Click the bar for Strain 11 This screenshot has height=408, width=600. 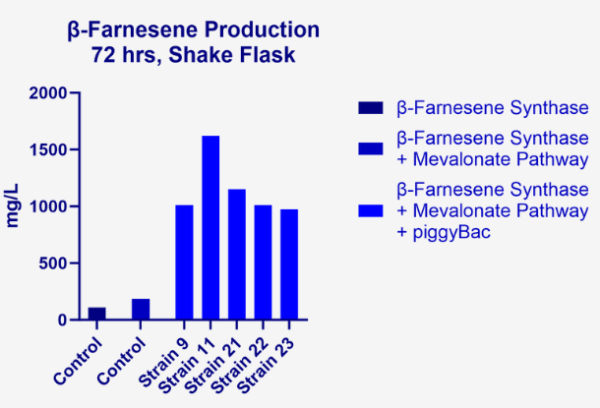(210, 227)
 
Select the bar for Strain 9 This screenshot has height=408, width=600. (184, 262)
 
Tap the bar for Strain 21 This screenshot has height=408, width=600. (237, 255)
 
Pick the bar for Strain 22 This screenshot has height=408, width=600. (263, 262)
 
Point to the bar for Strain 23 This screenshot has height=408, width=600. (289, 264)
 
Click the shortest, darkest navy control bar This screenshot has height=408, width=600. (96, 314)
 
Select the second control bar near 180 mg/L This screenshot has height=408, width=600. (141, 309)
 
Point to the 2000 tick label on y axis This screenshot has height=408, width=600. (48, 93)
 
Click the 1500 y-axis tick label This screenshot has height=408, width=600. (48, 149)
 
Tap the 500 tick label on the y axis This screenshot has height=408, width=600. (53, 263)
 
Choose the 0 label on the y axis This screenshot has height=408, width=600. (62, 321)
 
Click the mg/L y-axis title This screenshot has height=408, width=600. (13, 205)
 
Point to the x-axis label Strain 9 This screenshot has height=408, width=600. (163, 363)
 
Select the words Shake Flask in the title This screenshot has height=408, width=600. (232, 55)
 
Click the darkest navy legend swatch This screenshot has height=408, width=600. (371, 108)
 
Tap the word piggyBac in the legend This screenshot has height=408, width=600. (451, 232)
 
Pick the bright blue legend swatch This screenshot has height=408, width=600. (371, 211)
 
